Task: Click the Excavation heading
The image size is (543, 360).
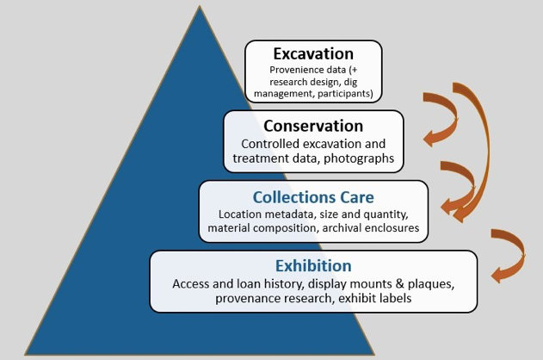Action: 313,53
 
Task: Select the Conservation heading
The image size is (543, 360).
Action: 313,126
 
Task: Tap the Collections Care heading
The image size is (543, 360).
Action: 313,197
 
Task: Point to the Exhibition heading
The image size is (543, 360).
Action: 313,266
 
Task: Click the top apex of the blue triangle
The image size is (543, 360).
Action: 200,6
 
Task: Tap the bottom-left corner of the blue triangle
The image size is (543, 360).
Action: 25,355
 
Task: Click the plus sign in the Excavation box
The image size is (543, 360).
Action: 354,70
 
